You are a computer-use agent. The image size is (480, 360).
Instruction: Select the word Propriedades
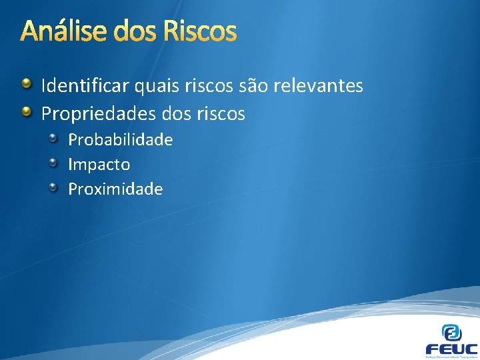pyautogui.click(x=99, y=114)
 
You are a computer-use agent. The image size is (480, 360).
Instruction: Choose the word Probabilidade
pyautogui.click(x=120, y=140)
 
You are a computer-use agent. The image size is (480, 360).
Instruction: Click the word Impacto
pyautogui.click(x=99, y=165)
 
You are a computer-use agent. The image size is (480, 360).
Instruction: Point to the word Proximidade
pyautogui.click(x=115, y=189)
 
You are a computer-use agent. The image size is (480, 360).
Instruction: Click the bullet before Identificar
pyautogui.click(x=26, y=84)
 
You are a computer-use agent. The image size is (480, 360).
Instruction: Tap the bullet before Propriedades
pyautogui.click(x=26, y=112)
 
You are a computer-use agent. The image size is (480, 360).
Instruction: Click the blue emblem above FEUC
pyautogui.click(x=452, y=332)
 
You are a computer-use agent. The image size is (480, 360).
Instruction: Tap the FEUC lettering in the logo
pyautogui.click(x=451, y=349)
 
